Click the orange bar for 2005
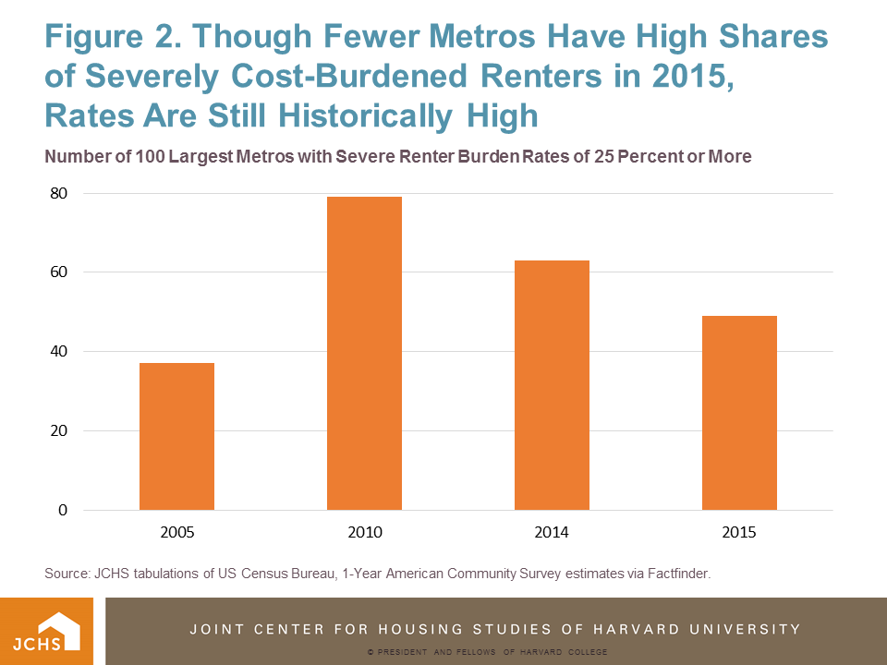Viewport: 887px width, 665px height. (176, 436)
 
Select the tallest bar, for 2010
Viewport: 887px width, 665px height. (364, 353)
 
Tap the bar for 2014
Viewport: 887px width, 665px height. (552, 385)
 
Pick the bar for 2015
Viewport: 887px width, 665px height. (739, 413)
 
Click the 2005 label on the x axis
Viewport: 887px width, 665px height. (176, 533)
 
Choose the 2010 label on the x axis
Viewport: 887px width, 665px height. (364, 533)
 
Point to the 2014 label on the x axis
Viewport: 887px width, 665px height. (552, 533)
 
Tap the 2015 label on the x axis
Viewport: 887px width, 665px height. (739, 533)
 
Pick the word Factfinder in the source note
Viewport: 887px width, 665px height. (675, 574)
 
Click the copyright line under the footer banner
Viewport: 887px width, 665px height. (486, 652)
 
